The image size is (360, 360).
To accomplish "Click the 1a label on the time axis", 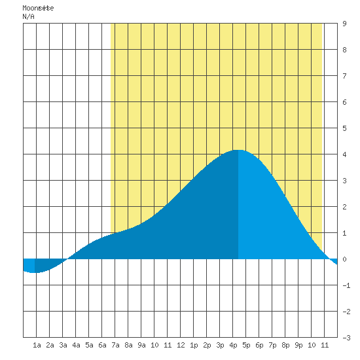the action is (x=37, y=345).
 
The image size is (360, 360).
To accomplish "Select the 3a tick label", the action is (x=63, y=345).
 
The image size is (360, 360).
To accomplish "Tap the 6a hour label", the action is (x=102, y=345).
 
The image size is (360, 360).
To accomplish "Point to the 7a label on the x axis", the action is (x=115, y=345).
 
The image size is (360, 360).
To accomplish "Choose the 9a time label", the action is (x=141, y=345).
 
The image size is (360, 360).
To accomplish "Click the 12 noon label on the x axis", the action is (x=181, y=345).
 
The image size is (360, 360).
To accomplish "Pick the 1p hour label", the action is (x=194, y=345).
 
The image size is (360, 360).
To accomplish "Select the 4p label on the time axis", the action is (x=233, y=345).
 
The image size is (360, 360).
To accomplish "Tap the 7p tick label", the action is (x=272, y=345).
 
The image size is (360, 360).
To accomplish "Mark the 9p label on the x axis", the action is (x=298, y=345).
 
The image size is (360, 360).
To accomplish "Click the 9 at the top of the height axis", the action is (x=344, y=24).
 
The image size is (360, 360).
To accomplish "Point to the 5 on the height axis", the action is (x=344, y=128).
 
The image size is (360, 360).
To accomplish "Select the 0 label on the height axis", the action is (x=344, y=259).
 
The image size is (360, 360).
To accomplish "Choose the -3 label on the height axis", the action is (x=346, y=338).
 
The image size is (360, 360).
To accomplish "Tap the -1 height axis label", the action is (x=346, y=285).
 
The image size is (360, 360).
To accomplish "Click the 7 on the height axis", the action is (x=344, y=76).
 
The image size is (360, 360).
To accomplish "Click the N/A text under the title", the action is (x=28, y=16).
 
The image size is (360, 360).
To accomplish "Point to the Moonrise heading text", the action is (x=38, y=8).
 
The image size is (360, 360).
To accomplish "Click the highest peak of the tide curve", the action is (x=238, y=150).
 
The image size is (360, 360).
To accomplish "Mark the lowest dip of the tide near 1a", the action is (x=35, y=272).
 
